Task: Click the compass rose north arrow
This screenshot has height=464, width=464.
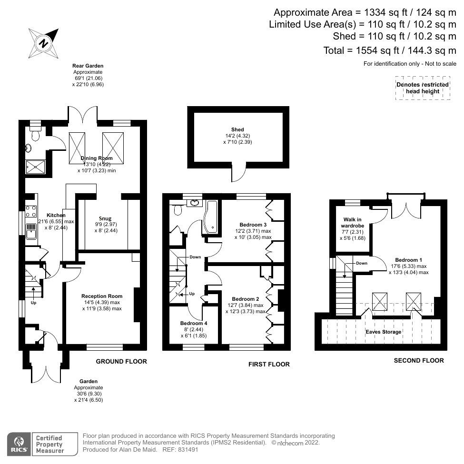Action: pos(44,43)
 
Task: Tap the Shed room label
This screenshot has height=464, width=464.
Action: pos(237,129)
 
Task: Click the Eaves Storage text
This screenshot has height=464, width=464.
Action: pos(384,332)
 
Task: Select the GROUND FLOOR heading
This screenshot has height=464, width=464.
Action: pos(121,362)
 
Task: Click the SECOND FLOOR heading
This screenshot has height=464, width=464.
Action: pos(419,361)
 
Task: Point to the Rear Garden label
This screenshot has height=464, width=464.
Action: pos(88,66)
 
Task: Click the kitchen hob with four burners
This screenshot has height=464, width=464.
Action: pos(32,211)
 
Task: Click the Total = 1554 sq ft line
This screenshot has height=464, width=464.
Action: pos(386,49)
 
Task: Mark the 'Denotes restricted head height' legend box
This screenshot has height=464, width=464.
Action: pos(422,88)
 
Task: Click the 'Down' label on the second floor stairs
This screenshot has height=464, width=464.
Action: pos(361,263)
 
